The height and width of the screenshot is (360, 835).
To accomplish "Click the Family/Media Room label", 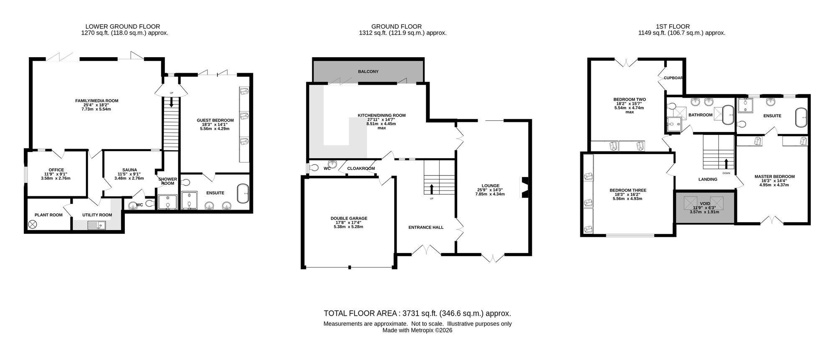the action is click(x=96, y=101).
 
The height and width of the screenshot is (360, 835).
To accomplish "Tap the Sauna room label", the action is click(x=129, y=170).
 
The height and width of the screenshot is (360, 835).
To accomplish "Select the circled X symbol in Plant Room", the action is click(x=32, y=224).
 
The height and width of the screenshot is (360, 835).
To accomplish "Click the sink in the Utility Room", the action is click(x=96, y=226).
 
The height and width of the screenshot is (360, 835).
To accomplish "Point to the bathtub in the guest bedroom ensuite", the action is click(x=243, y=194).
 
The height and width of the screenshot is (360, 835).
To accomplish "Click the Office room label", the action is click(x=56, y=170).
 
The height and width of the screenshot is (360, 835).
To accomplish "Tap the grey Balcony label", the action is click(x=368, y=71).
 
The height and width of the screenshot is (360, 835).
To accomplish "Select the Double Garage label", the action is click(x=349, y=218).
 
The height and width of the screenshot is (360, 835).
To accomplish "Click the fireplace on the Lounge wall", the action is click(x=525, y=188).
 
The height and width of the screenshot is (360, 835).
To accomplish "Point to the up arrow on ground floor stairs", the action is click(x=432, y=189).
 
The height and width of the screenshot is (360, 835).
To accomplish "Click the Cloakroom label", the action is click(x=361, y=168).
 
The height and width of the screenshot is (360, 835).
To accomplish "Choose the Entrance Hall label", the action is click(x=426, y=227).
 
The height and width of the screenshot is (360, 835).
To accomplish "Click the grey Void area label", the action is click(x=705, y=203).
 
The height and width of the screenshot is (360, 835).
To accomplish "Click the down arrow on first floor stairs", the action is click(x=726, y=163).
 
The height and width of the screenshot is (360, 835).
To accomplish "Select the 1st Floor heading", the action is click(x=681, y=26).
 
